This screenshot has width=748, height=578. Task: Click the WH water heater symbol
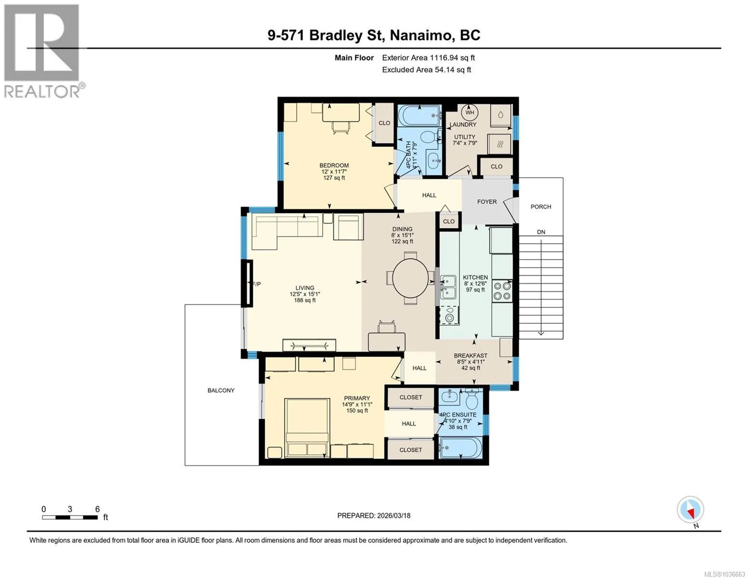[470, 112]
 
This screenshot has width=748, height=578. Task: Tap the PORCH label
[541, 207]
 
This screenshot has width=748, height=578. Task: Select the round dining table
[410, 278]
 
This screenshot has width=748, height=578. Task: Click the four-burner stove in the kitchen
[502, 291]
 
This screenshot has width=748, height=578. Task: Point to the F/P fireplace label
[257, 284]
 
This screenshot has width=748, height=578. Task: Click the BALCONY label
[221, 390]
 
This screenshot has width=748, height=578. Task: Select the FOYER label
[487, 201]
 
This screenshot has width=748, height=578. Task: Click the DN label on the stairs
[541, 232]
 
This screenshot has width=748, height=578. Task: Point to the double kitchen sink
[448, 287]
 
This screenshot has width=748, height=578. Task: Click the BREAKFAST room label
[471, 355]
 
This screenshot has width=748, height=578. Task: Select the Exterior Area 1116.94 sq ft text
[428, 58]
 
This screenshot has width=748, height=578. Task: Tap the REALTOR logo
[43, 51]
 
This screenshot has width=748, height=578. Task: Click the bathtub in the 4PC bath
[420, 116]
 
